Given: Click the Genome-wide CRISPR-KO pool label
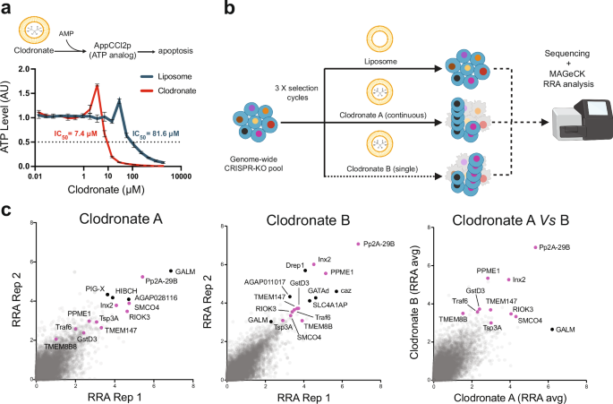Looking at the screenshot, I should pos(261,160).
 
